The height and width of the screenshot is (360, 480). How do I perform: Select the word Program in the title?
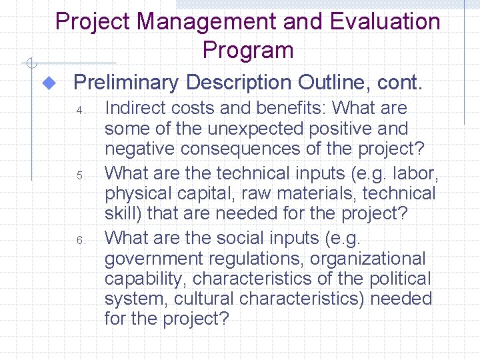pos(248,50)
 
